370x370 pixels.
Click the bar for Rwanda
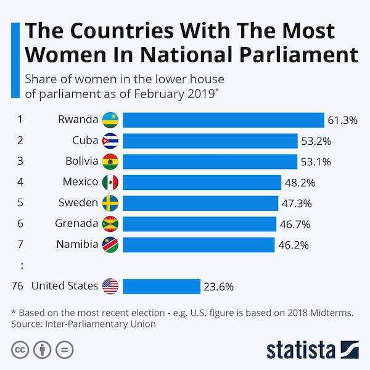pyautogui.click(x=223, y=120)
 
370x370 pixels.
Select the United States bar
pyautogui.click(x=162, y=286)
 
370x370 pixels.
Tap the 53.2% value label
pyautogui.click(x=316, y=141)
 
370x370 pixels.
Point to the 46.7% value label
pyautogui.click(x=294, y=224)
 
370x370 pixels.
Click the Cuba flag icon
pyautogui.click(x=110, y=141)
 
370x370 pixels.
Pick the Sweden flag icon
pyautogui.click(x=110, y=203)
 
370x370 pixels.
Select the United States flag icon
pyautogui.click(x=110, y=286)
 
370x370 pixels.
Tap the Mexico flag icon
pyautogui.click(x=110, y=182)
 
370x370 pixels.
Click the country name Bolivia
pyautogui.click(x=81, y=162)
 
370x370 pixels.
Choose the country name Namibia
pyautogui.click(x=77, y=244)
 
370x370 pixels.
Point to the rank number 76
pyautogui.click(x=18, y=286)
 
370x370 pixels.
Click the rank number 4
pyautogui.click(x=20, y=182)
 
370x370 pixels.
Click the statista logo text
pyautogui.click(x=300, y=350)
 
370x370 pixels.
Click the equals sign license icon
pyautogui.click(x=64, y=350)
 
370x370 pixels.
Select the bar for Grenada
pyautogui.click(x=199, y=224)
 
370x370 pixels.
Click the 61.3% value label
pyautogui.click(x=342, y=120)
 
